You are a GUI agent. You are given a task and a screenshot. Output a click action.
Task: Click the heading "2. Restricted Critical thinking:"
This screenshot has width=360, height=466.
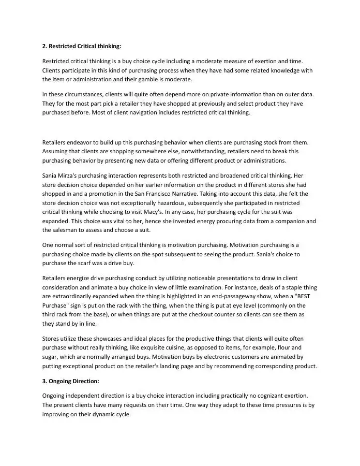tap(82, 46)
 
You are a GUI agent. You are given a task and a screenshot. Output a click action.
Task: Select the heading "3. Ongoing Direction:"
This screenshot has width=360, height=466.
tap(70, 381)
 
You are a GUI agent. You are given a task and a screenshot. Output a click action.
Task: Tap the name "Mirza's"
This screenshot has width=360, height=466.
tap(71, 175)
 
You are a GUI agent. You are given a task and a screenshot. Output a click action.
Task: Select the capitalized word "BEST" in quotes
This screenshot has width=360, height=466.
tap(294, 297)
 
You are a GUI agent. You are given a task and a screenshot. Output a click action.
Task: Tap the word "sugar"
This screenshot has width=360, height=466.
tap(51, 357)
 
